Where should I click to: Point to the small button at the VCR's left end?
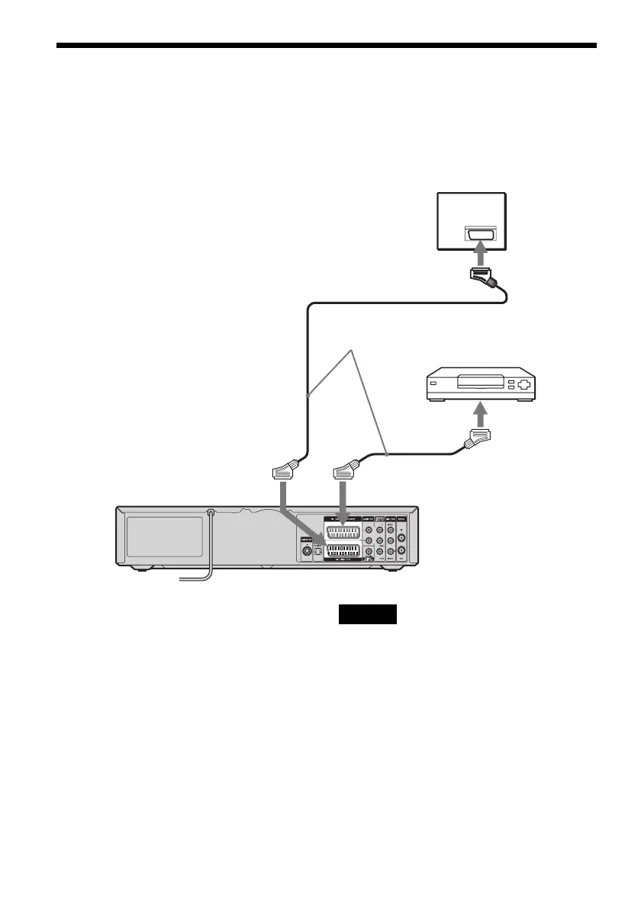[433, 384]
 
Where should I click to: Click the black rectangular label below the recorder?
[368, 614]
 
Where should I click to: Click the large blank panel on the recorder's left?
[163, 536]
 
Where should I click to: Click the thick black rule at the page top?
[326, 46]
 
